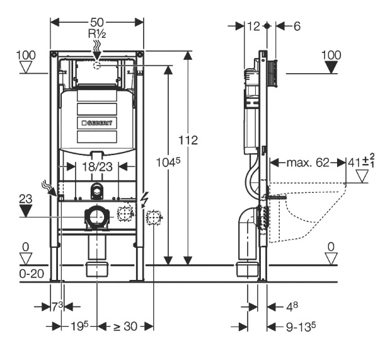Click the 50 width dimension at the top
tap(97, 22)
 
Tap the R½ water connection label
tap(97, 34)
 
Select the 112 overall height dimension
tap(188, 141)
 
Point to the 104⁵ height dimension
tap(168, 162)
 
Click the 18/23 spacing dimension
tap(97, 167)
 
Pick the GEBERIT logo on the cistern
tap(97, 122)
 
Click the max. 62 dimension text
tap(307, 163)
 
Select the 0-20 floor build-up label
tap(32, 274)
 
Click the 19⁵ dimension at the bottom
tap(79, 327)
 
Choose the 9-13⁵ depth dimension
tap(301, 327)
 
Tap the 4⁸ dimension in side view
tap(292, 306)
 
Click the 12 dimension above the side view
tap(253, 26)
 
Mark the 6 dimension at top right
tap(297, 26)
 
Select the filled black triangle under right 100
tap(331, 67)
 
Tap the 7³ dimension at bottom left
tap(57, 306)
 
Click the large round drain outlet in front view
tap(96, 217)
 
